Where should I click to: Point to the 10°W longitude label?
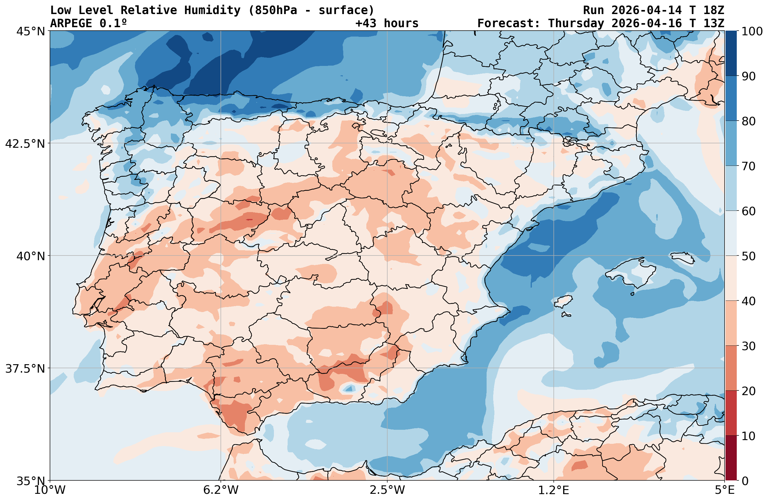tap(50, 490)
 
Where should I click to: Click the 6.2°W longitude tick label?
tap(221, 490)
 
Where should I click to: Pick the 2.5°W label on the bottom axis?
tap(387, 490)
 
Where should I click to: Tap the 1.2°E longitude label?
tap(554, 490)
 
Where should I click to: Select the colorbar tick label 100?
tap(751, 32)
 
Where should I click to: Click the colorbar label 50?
tap(748, 256)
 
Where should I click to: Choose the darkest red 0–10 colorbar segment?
tap(731, 459)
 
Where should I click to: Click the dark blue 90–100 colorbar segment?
tap(731, 53)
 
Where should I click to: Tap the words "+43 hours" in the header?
tap(387, 23)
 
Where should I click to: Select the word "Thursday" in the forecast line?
tap(576, 23)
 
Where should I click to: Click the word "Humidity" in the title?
tap(212, 10)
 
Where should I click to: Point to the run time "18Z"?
tap(713, 10)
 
